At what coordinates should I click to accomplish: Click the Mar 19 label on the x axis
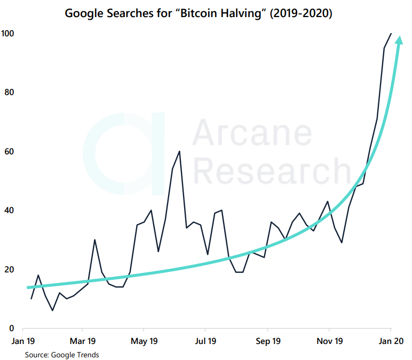point(83,341)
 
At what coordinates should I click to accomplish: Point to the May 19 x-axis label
point(144,341)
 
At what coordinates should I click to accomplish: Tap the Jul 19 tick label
point(205,341)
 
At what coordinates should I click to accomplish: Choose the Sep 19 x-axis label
point(268,341)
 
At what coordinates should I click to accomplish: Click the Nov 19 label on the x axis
point(329,341)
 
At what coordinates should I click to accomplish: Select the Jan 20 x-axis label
point(391,341)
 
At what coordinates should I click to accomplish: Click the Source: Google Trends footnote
point(61,354)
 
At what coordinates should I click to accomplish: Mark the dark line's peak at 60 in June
point(179,151)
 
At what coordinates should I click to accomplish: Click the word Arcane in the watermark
point(251,135)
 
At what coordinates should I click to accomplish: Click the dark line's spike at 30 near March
point(94,240)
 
